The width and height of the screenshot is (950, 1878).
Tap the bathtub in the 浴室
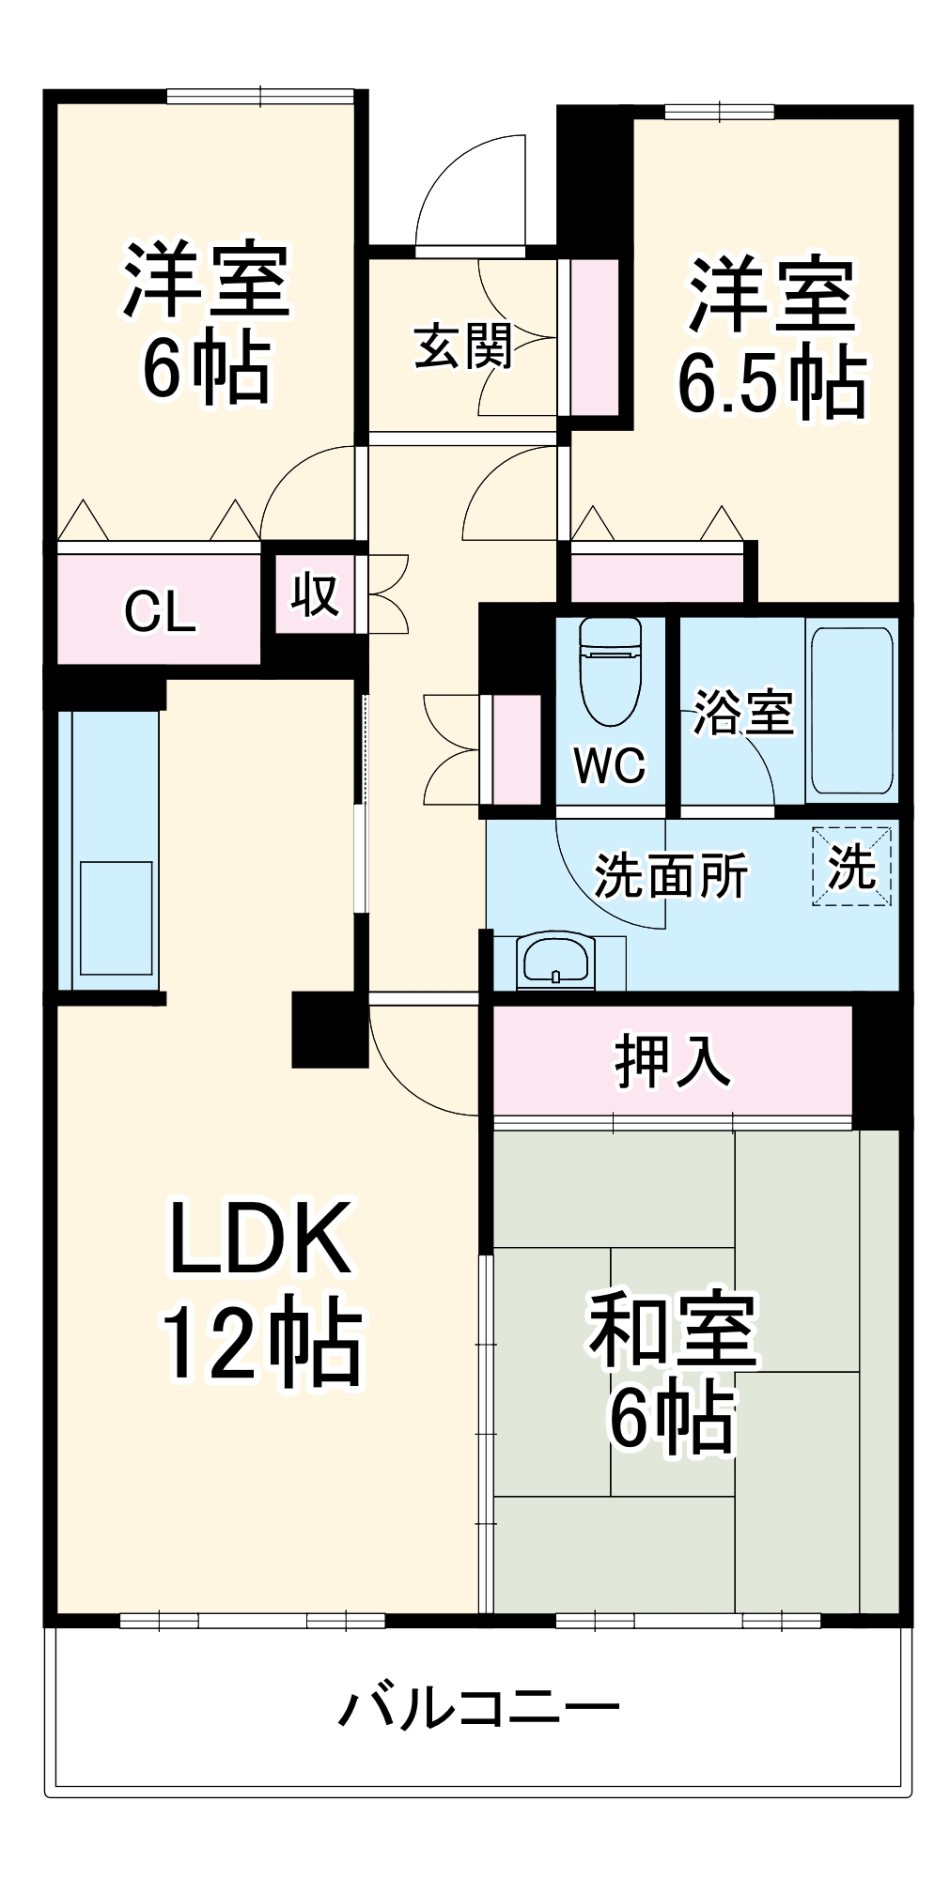tap(850, 710)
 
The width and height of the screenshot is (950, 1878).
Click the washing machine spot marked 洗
tap(851, 866)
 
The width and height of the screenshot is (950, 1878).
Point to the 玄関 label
tap(462, 346)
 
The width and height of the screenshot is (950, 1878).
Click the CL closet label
tap(160, 611)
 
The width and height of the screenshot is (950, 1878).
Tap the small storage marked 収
tap(314, 595)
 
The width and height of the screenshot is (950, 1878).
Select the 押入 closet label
tap(672, 1061)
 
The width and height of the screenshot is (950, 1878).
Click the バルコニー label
tap(478, 1705)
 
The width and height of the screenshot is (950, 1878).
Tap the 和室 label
tap(672, 1330)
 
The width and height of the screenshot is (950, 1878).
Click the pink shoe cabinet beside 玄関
tap(595, 337)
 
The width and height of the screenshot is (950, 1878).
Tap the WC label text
tap(610, 766)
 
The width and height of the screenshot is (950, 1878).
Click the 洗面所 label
tap(671, 875)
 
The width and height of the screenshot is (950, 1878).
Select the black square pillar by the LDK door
tap(329, 1029)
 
